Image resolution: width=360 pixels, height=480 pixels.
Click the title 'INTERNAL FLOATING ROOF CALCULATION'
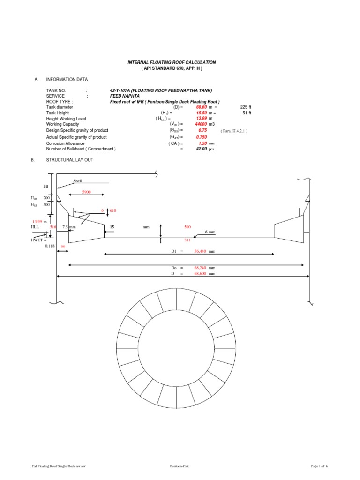(172, 62)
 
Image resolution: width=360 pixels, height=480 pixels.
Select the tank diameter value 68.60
(201, 107)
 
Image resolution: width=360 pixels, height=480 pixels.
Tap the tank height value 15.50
(201, 113)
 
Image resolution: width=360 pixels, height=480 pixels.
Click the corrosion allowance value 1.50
(202, 143)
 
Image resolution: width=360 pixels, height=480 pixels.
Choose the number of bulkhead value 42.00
(201, 149)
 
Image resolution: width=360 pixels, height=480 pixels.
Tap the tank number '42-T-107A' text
(119, 90)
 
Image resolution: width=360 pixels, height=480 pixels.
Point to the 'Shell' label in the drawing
(77, 180)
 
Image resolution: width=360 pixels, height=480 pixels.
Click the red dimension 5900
(87, 192)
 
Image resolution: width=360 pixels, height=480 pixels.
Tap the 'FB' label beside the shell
(45, 186)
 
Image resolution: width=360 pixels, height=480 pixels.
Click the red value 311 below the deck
(187, 240)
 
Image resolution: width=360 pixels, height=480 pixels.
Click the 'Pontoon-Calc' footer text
(180, 466)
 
